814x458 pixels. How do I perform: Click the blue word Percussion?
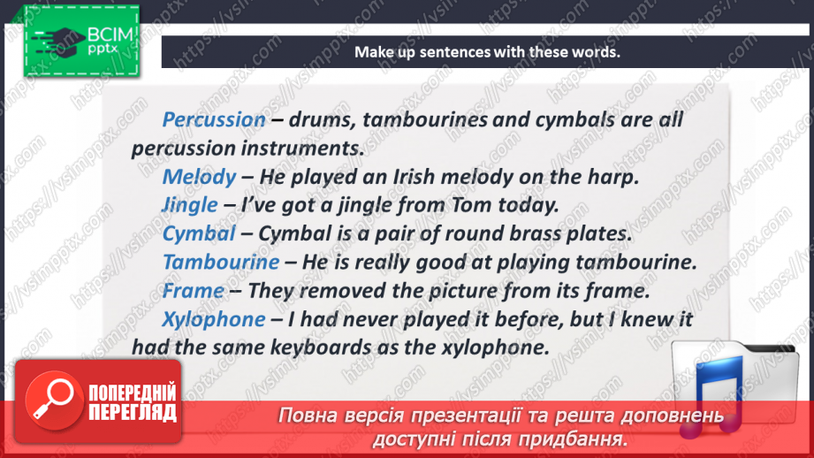tap(214, 119)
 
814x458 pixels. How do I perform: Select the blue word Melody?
tap(199, 177)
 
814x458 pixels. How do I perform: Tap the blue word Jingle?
tap(190, 205)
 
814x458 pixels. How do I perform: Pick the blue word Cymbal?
tap(199, 233)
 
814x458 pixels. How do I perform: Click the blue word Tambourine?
tap(221, 262)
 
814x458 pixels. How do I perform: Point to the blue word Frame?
tap(193, 290)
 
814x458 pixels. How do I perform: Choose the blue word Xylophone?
tap(214, 319)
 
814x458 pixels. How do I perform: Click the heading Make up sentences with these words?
tap(487, 52)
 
